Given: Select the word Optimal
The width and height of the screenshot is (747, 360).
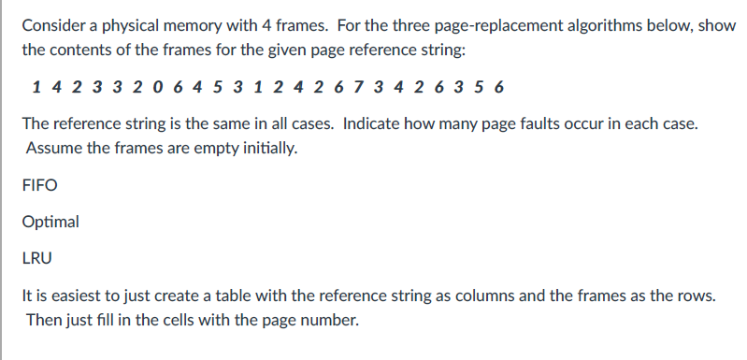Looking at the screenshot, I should coord(50,223).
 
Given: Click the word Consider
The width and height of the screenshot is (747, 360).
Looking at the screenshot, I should coord(53,25).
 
